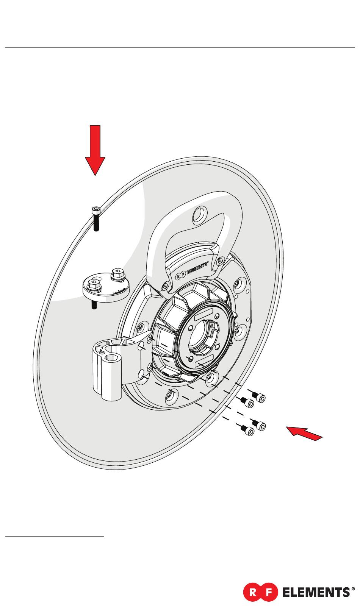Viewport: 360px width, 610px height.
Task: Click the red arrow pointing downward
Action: click(95, 150)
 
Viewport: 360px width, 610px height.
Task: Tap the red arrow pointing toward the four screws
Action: click(305, 433)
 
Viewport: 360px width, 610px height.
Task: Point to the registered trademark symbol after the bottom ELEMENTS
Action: click(353, 589)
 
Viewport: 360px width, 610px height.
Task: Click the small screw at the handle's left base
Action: click(165, 285)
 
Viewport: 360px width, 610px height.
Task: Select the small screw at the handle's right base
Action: click(220, 261)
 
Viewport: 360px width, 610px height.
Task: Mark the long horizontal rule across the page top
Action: click(180, 47)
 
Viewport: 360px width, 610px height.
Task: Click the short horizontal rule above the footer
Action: click(55, 536)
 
